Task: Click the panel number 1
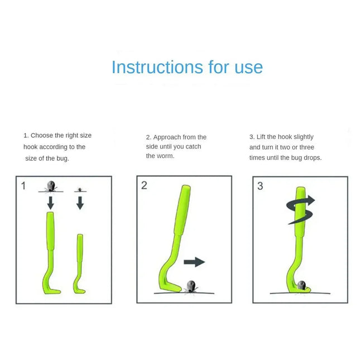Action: tap(23, 186)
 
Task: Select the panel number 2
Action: tap(144, 185)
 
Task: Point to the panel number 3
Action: tap(260, 186)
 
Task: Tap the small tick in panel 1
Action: tap(80, 190)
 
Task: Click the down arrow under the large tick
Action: tap(50, 202)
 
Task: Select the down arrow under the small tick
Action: tap(80, 203)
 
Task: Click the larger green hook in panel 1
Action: tap(49, 251)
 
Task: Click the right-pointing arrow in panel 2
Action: tap(194, 262)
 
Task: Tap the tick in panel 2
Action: tap(190, 286)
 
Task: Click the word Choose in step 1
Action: tap(41, 136)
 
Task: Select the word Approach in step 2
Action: tap(167, 137)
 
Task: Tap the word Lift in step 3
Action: tap(262, 137)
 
